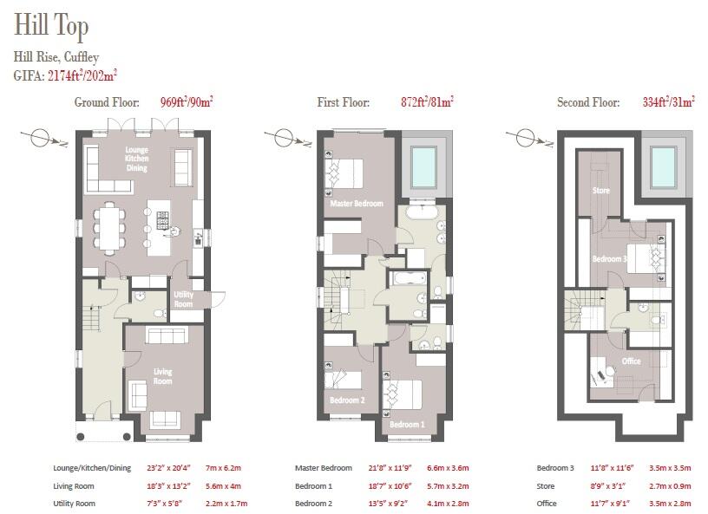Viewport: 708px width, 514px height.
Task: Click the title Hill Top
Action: [50, 27]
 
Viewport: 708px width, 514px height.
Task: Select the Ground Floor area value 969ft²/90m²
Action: [187, 102]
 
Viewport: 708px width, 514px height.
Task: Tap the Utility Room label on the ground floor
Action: [184, 299]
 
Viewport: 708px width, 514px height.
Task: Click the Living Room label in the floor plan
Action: [162, 376]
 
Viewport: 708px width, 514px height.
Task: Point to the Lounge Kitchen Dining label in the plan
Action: [136, 159]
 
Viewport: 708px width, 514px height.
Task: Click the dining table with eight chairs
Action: [110, 226]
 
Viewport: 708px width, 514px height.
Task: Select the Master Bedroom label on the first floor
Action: [356, 204]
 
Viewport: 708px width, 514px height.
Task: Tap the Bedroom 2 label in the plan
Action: [346, 400]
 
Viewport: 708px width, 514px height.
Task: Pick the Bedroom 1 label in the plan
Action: [407, 425]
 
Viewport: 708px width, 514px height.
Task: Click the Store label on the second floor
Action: [600, 189]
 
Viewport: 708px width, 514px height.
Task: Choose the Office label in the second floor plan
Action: [631, 361]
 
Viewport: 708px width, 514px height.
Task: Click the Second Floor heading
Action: [587, 102]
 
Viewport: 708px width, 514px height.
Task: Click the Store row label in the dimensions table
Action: [547, 485]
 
